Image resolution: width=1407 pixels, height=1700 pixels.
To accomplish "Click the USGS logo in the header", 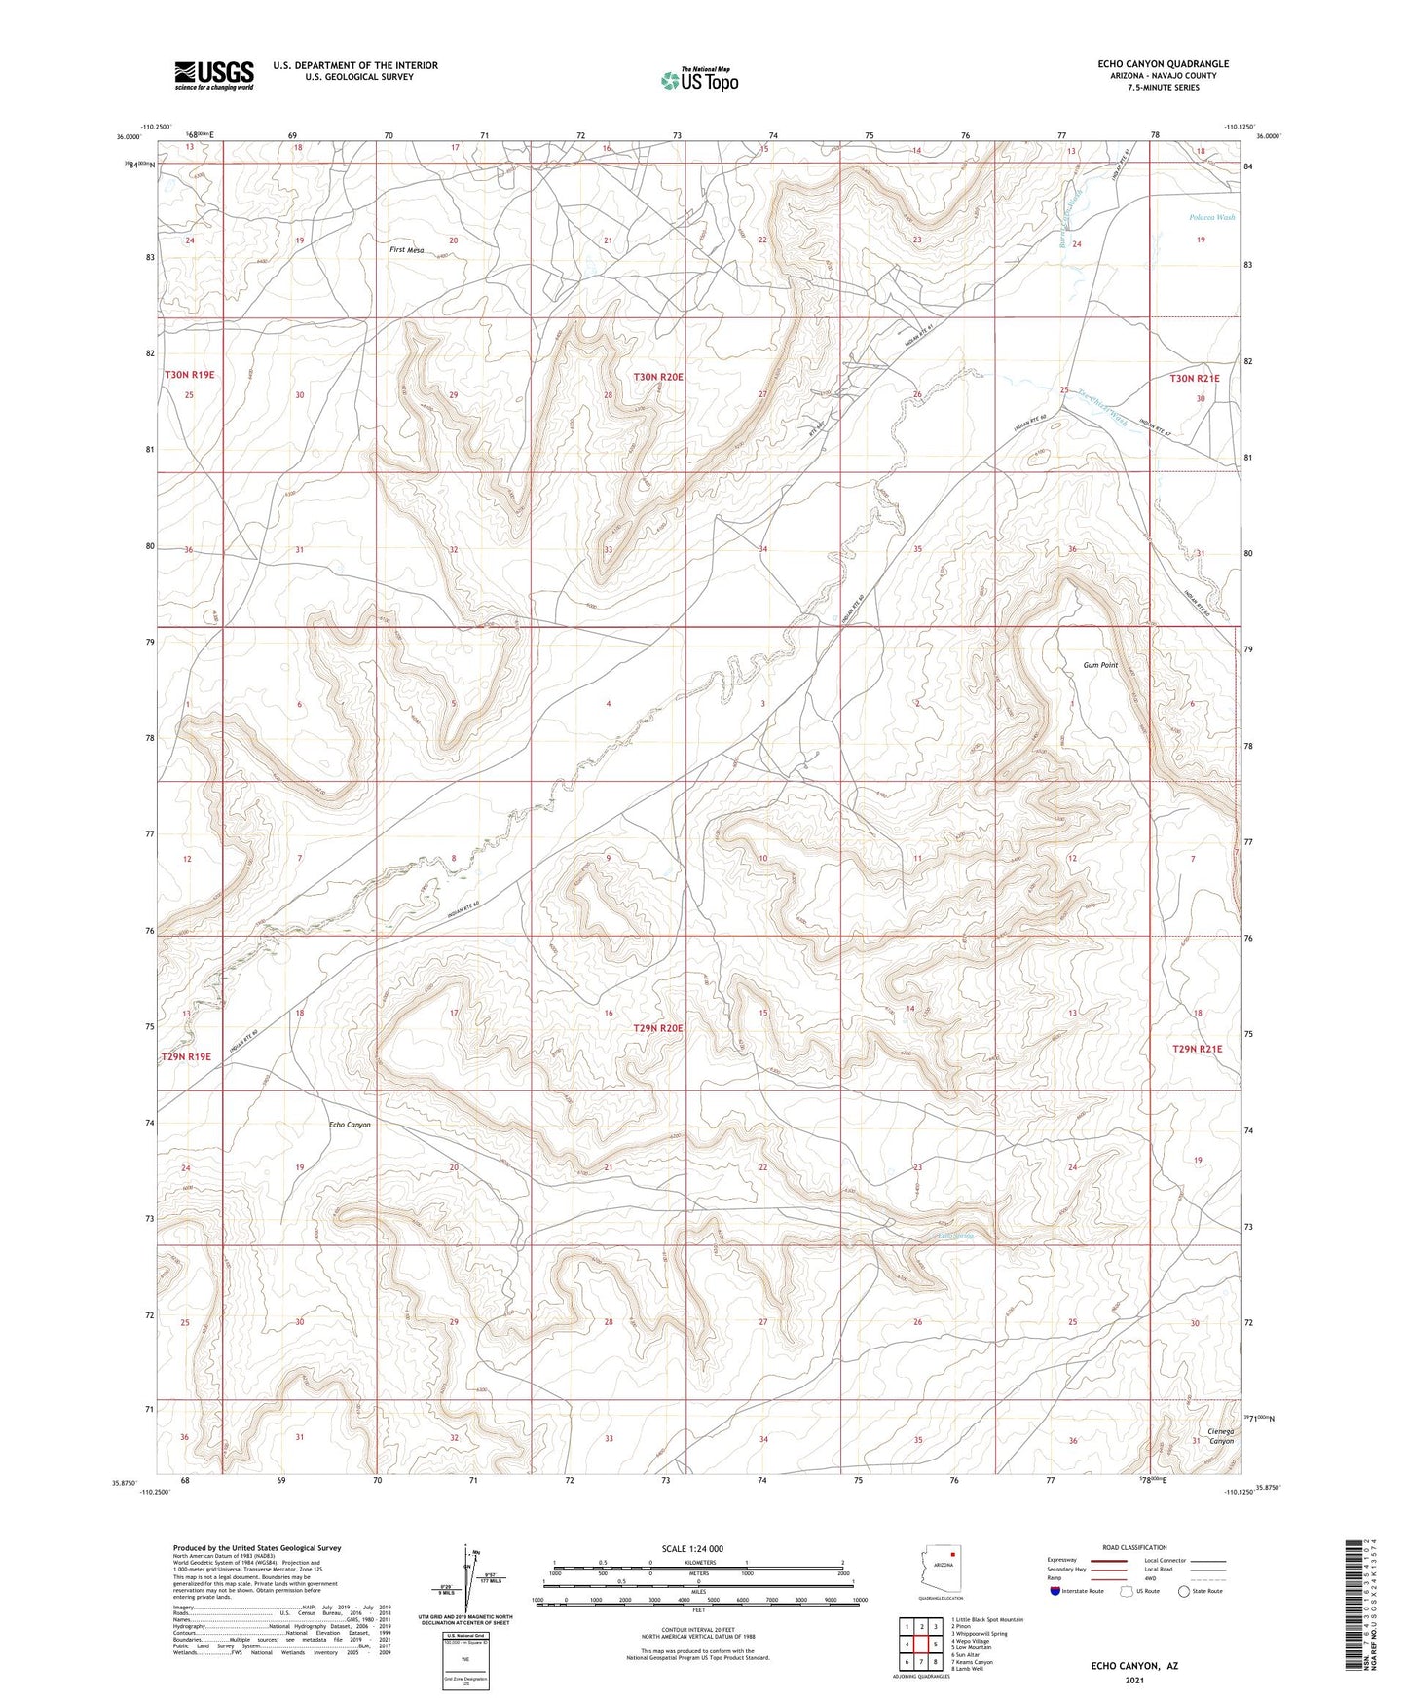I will click(x=214, y=74).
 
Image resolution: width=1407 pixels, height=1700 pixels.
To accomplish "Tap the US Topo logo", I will click(x=698, y=80).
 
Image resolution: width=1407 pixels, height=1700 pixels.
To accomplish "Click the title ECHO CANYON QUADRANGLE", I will click(x=1163, y=64).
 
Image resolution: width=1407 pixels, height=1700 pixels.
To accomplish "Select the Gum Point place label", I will click(x=1100, y=665).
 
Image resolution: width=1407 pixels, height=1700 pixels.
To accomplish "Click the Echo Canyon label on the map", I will click(x=350, y=1125).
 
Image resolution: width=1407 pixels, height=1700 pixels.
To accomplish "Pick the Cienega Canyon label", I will click(x=1220, y=1436).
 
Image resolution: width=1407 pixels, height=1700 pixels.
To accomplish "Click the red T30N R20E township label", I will click(x=658, y=377).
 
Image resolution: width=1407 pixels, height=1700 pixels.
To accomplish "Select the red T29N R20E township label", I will click(x=658, y=1028).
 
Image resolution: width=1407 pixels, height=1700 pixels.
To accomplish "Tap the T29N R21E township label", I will click(x=1197, y=1049).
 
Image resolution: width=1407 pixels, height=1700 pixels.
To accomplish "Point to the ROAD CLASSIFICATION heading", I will click(x=1135, y=1547).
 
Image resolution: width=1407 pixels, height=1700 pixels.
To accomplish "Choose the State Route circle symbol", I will click(x=1184, y=1593).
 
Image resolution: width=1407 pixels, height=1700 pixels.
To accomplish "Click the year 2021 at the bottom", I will click(x=1133, y=1681).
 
